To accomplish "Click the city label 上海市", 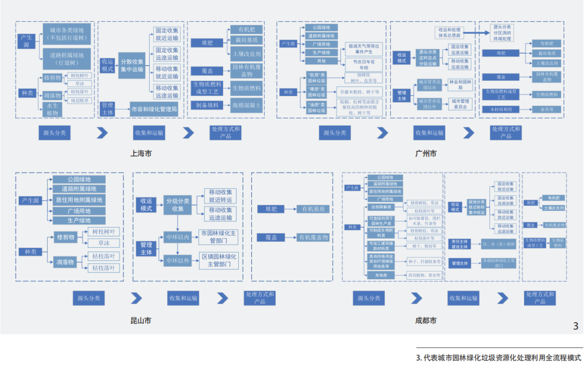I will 141,153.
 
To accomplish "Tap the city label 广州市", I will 425,153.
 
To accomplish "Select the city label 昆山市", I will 141,320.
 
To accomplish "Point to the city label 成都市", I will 425,320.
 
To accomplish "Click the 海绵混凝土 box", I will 246,105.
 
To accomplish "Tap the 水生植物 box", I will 53,109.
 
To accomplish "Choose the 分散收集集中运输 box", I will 132,65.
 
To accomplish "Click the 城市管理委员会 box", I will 460,104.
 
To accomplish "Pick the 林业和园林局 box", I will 460,84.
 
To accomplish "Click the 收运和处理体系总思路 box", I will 450,33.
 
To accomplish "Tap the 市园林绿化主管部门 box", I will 219,236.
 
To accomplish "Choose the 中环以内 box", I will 177,236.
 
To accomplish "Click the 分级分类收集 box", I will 178,205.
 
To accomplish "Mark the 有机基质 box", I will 313,209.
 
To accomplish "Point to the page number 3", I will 576,326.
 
